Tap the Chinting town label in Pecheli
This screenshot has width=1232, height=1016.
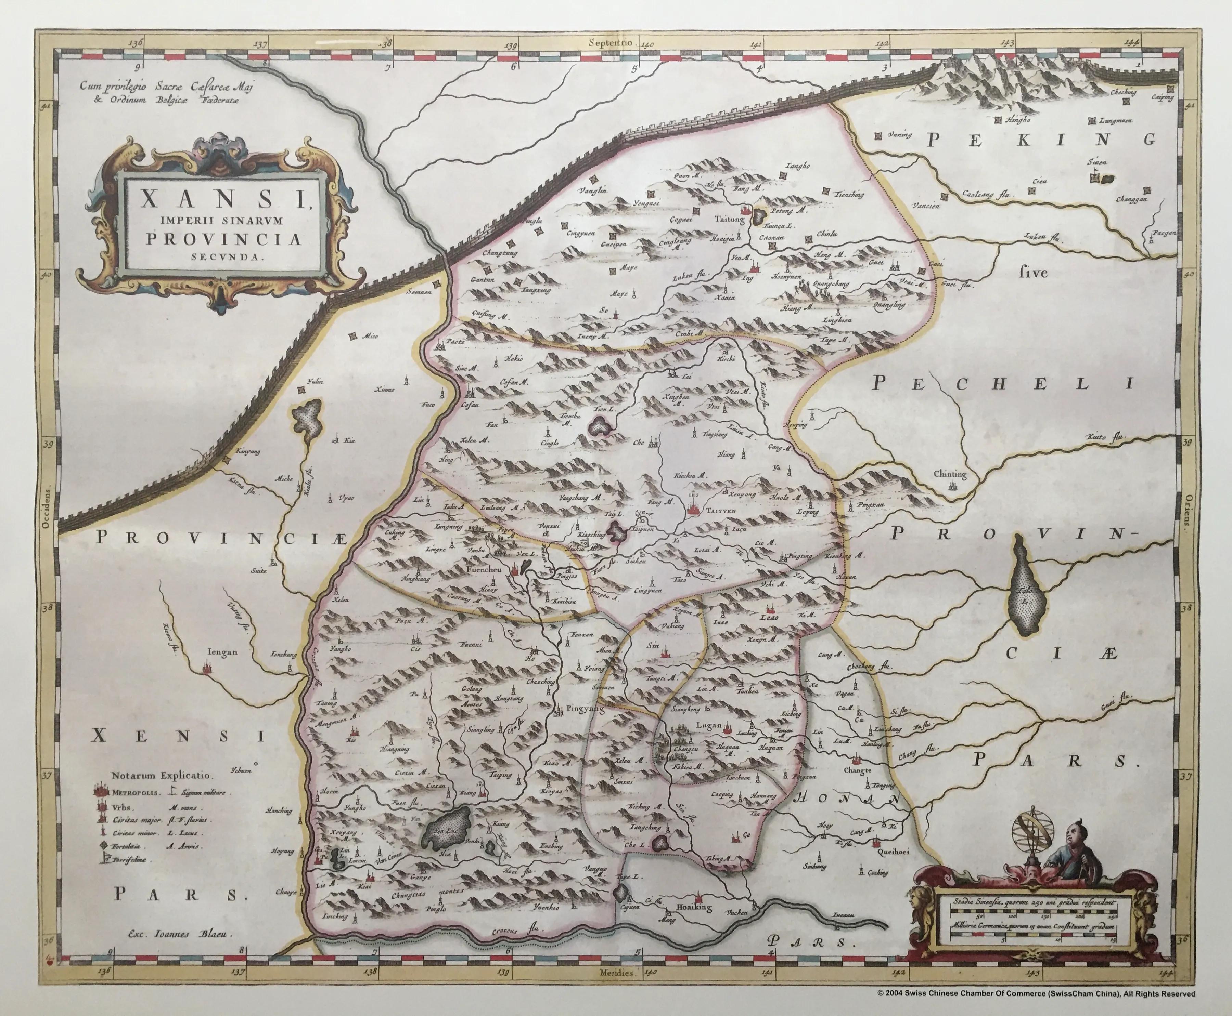(x=950, y=475)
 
